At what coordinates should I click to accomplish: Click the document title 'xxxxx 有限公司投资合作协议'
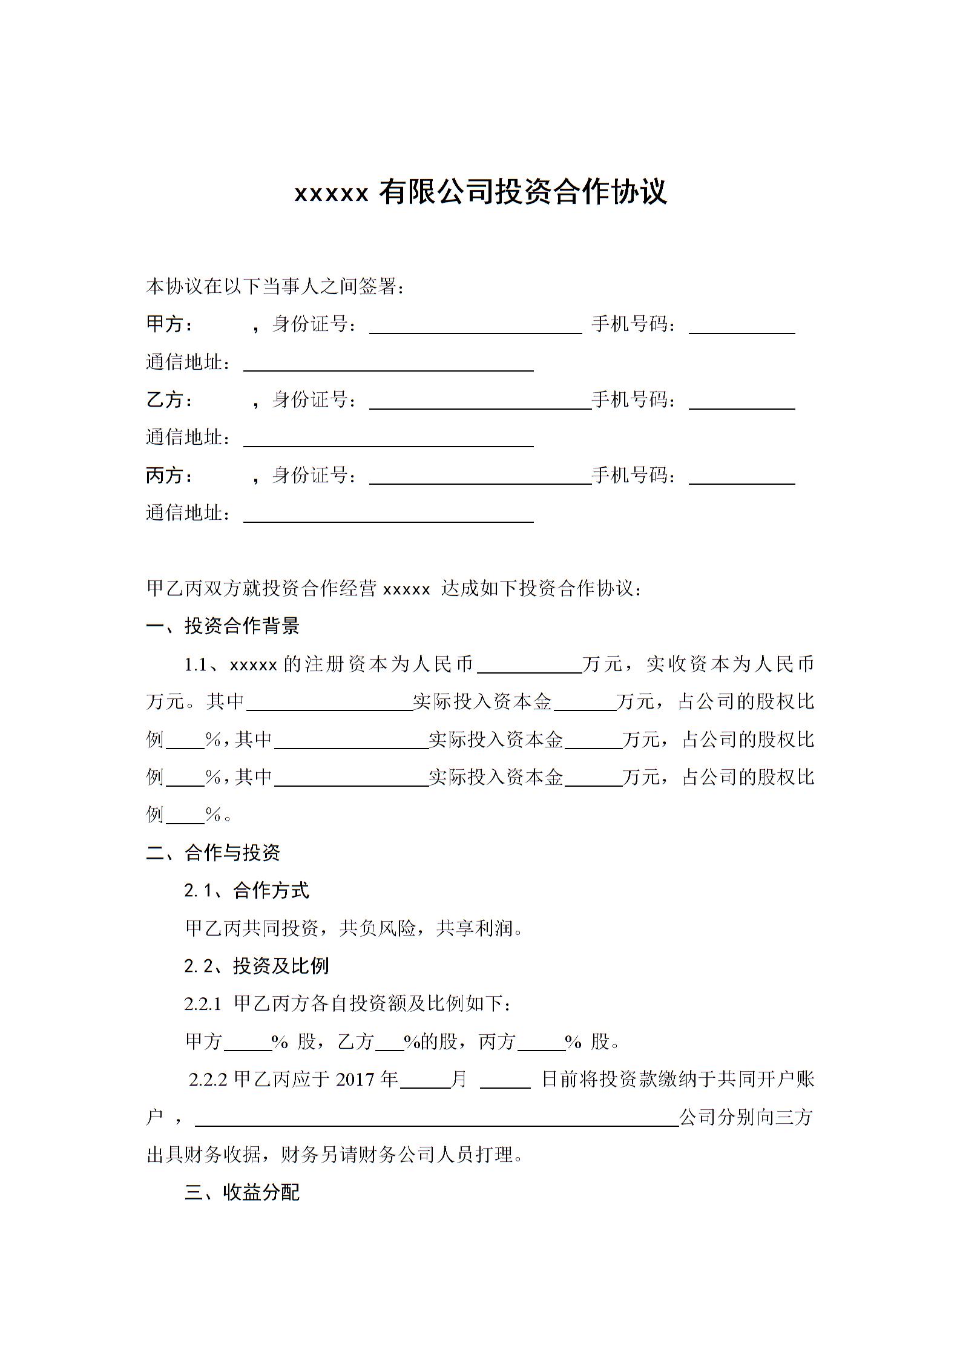480,192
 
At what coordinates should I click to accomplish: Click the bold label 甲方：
170,324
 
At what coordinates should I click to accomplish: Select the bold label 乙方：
170,400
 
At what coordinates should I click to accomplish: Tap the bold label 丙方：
170,476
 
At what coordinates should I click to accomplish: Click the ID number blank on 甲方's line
475,327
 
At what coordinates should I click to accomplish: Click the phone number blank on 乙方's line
741,402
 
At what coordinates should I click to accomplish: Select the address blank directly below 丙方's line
388,515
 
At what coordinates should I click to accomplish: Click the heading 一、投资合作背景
223,626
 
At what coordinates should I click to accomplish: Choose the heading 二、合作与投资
213,853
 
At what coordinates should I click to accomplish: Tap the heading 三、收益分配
242,1192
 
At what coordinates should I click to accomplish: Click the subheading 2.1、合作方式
246,890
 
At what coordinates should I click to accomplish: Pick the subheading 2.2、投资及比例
256,965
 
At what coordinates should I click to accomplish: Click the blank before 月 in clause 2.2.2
426,1081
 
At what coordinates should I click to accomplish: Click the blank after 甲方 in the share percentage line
248,1043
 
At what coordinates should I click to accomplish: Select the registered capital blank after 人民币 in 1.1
530,666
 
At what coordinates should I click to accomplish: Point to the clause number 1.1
196,665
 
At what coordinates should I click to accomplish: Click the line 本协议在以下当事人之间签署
275,286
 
